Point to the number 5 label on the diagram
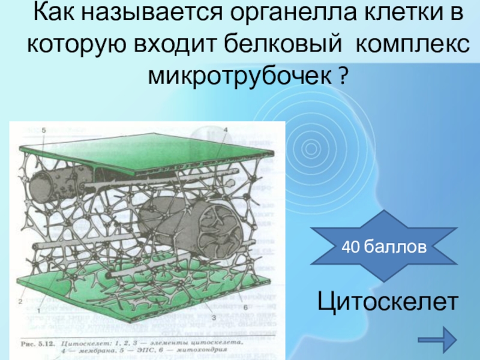44,130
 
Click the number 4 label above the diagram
225,130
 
